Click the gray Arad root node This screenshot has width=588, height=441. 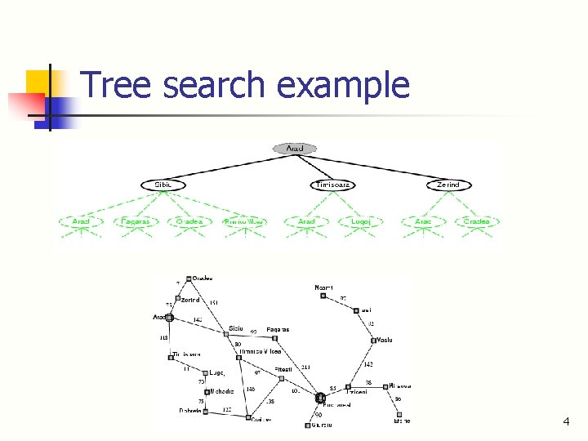tap(295, 149)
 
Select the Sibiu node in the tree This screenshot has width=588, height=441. tap(163, 185)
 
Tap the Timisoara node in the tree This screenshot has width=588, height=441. tap(332, 185)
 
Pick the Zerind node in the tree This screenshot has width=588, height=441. tap(448, 185)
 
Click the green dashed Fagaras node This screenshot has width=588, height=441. tap(135, 221)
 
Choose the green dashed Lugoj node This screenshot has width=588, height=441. tap(361, 221)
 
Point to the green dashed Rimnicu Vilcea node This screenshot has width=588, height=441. tap(244, 221)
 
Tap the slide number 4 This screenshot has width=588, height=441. tap(565, 421)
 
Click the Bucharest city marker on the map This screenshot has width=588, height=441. tap(321, 398)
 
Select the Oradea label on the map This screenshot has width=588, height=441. tap(202, 278)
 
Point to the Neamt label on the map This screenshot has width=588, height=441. tap(324, 287)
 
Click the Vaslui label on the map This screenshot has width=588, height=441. tap(385, 340)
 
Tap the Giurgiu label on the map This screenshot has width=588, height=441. tap(322, 425)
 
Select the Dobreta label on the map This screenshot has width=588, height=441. tap(190, 411)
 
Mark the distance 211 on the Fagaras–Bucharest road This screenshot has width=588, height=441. tap(306, 367)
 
